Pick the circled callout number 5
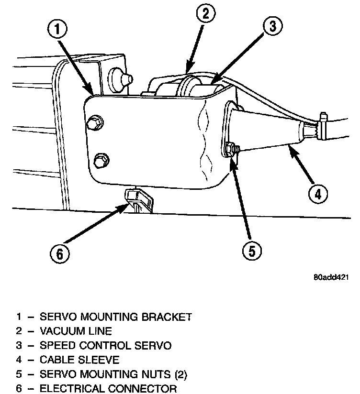251,250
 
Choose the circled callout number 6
60,254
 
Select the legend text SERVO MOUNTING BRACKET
115,317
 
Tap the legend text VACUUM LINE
76,331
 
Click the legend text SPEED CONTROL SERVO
105,345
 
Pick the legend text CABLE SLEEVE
79,360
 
